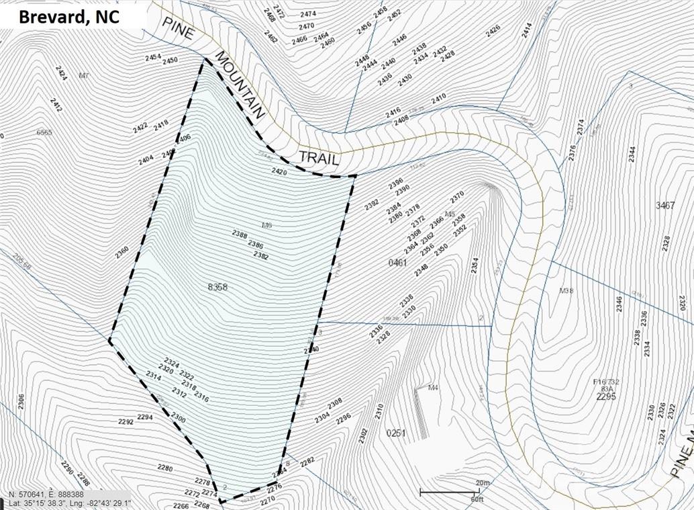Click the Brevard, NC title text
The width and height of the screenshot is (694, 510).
pos(69,17)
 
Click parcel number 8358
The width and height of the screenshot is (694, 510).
pos(218,287)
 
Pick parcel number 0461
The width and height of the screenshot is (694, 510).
pos(397,263)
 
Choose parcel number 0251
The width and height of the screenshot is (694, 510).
pos(397,433)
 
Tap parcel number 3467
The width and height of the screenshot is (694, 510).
pos(664,205)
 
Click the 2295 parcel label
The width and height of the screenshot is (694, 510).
pos(605,396)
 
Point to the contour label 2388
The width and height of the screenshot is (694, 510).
pos(240,234)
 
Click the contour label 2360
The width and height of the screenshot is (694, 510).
pos(121,251)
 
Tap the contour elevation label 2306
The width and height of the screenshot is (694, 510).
pos(21,401)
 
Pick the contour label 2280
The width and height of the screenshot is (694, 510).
pos(165,468)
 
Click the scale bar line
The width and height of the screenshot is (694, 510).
pos(450,493)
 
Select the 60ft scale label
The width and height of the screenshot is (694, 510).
pos(477,500)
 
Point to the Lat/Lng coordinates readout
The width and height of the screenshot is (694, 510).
pos(70,503)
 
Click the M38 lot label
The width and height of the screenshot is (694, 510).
pos(566,291)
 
